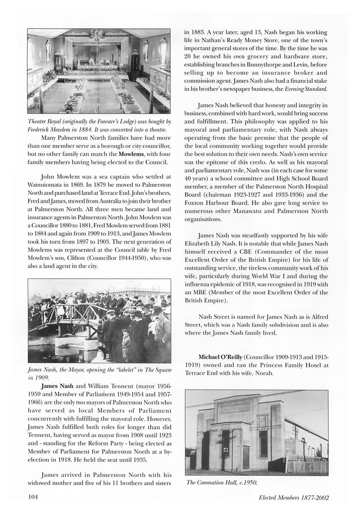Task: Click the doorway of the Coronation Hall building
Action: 245,457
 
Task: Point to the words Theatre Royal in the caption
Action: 46,121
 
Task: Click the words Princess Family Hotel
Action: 280,365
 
